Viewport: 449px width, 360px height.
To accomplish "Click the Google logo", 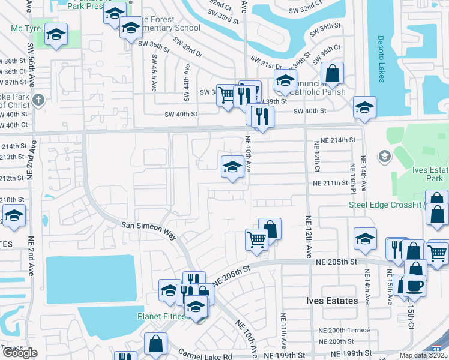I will [19, 353].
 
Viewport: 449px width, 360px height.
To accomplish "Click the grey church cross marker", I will [38, 100].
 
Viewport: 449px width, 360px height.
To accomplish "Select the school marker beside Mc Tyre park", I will [56, 36].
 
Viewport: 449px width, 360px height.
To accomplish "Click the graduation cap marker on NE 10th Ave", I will [232, 166].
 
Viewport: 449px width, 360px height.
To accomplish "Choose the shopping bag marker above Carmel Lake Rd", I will [155, 344].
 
